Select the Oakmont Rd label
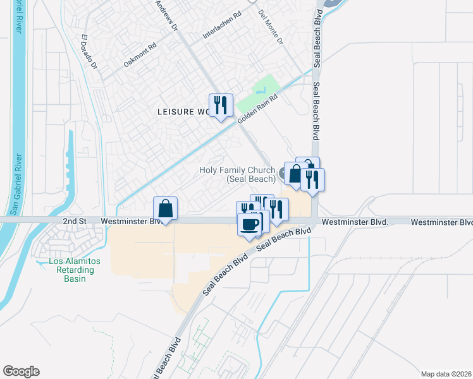pos(140,54)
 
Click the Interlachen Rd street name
pos(222,26)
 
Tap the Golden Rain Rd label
pos(258,108)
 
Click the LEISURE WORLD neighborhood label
pos(183,112)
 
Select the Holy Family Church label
pos(236,174)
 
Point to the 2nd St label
pos(74,222)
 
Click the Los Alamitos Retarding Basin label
pos(72,270)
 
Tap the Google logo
pos(21,371)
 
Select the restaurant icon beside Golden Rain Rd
pos(221,105)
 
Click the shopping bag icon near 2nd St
pos(165,208)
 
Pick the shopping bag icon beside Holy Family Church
pos(295,173)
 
